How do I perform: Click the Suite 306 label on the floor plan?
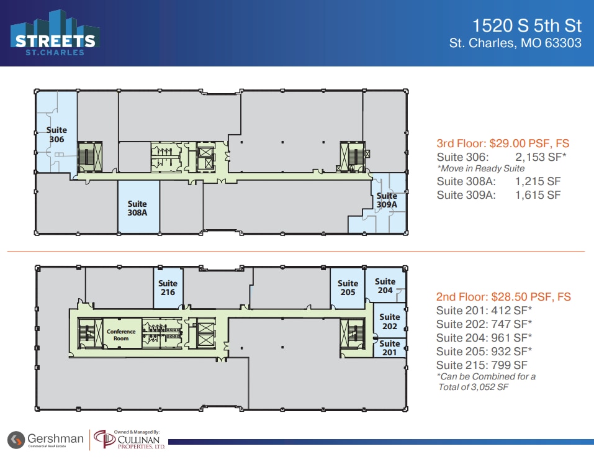point(56,135)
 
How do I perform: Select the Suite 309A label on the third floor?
point(387,201)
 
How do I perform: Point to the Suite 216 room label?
point(168,288)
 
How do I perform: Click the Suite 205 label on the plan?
point(348,288)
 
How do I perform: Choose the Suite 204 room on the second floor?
point(385,286)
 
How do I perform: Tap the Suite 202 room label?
point(390,322)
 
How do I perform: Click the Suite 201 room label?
point(390,348)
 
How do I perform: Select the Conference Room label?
point(121,335)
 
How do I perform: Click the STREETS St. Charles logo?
point(55,35)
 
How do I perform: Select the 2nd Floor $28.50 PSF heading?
point(503,297)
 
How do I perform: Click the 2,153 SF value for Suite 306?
point(540,157)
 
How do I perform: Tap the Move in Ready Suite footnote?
point(481,168)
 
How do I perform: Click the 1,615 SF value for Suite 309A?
point(538,194)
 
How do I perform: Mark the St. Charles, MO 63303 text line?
point(515,43)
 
